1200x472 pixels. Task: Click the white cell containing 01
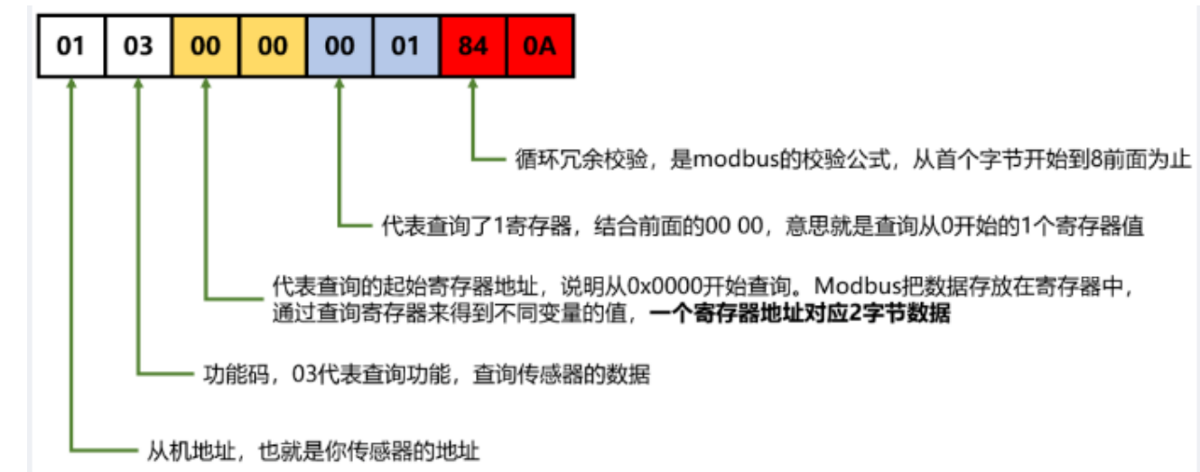(70, 44)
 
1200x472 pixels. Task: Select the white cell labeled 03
(138, 44)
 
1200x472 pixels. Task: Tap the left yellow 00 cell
(206, 44)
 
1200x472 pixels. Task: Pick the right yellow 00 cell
(273, 44)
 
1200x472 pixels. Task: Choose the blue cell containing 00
(340, 44)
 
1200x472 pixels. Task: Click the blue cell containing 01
(406, 44)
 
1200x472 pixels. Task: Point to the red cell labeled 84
(473, 44)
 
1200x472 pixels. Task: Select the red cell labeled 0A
(541, 44)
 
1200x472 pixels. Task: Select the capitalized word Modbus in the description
(851, 286)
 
